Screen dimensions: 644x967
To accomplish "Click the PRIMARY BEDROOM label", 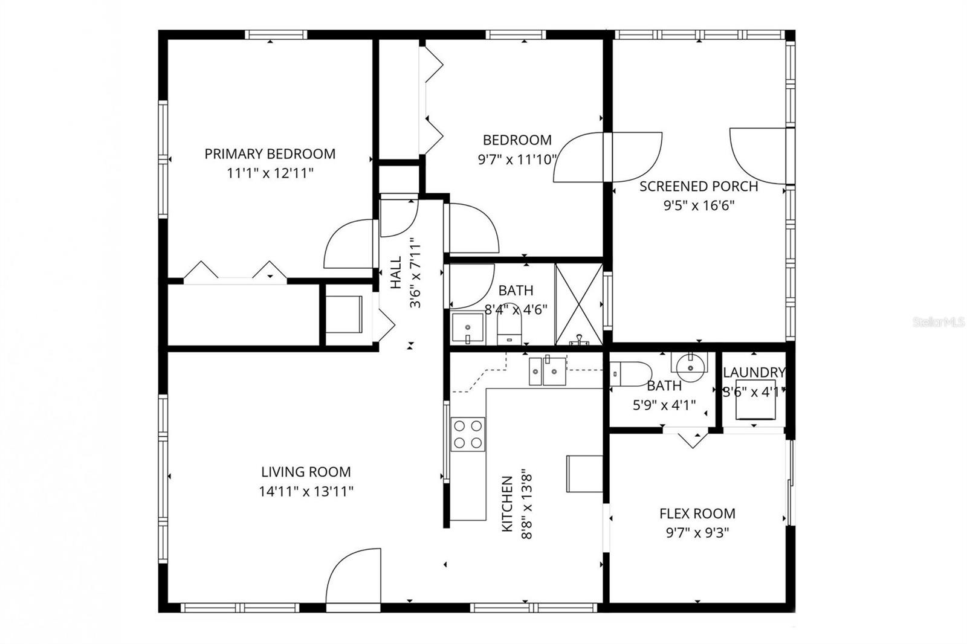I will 270,153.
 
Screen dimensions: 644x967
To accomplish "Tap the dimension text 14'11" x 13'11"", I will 306,491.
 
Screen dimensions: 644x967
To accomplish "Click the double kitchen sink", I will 547,371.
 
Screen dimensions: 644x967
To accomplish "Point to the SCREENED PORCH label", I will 699,186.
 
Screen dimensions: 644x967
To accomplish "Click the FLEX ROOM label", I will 697,514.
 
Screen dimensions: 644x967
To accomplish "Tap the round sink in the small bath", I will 688,365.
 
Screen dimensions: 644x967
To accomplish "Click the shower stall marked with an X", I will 578,304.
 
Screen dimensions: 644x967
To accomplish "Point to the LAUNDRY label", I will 754,372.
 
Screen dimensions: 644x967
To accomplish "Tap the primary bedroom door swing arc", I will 348,245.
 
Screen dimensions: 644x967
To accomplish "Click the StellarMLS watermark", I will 939,323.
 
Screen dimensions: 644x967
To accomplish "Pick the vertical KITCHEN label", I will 508,504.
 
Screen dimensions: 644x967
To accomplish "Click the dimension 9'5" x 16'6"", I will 699,205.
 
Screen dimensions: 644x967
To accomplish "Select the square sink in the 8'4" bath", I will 467,328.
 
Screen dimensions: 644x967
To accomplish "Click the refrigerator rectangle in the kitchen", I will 584,474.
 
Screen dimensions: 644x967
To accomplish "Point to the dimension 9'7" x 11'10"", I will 517,159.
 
